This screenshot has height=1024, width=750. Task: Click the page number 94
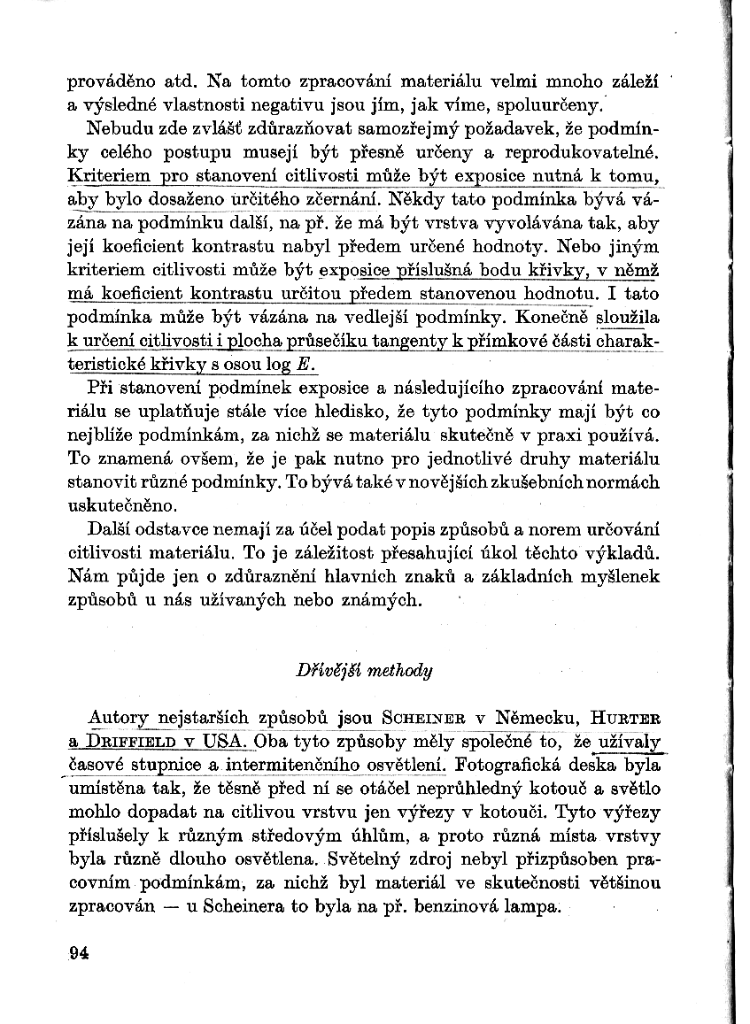(79, 954)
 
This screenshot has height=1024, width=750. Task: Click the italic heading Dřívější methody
(364, 670)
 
